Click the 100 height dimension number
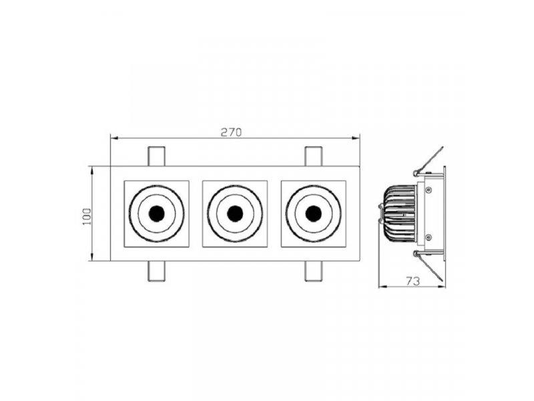point(86,215)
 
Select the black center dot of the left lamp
point(157,213)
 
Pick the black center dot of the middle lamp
point(234,213)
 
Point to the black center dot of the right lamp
point(312,213)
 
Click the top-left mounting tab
point(156,156)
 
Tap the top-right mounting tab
point(313,156)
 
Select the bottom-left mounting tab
point(156,271)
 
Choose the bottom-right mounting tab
point(313,271)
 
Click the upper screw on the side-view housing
point(429,190)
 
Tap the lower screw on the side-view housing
point(429,237)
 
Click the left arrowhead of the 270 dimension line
point(113,139)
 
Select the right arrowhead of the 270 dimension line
point(358,139)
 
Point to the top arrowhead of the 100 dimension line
point(92,168)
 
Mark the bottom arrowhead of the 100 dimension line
point(92,259)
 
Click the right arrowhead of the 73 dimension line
point(445,287)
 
